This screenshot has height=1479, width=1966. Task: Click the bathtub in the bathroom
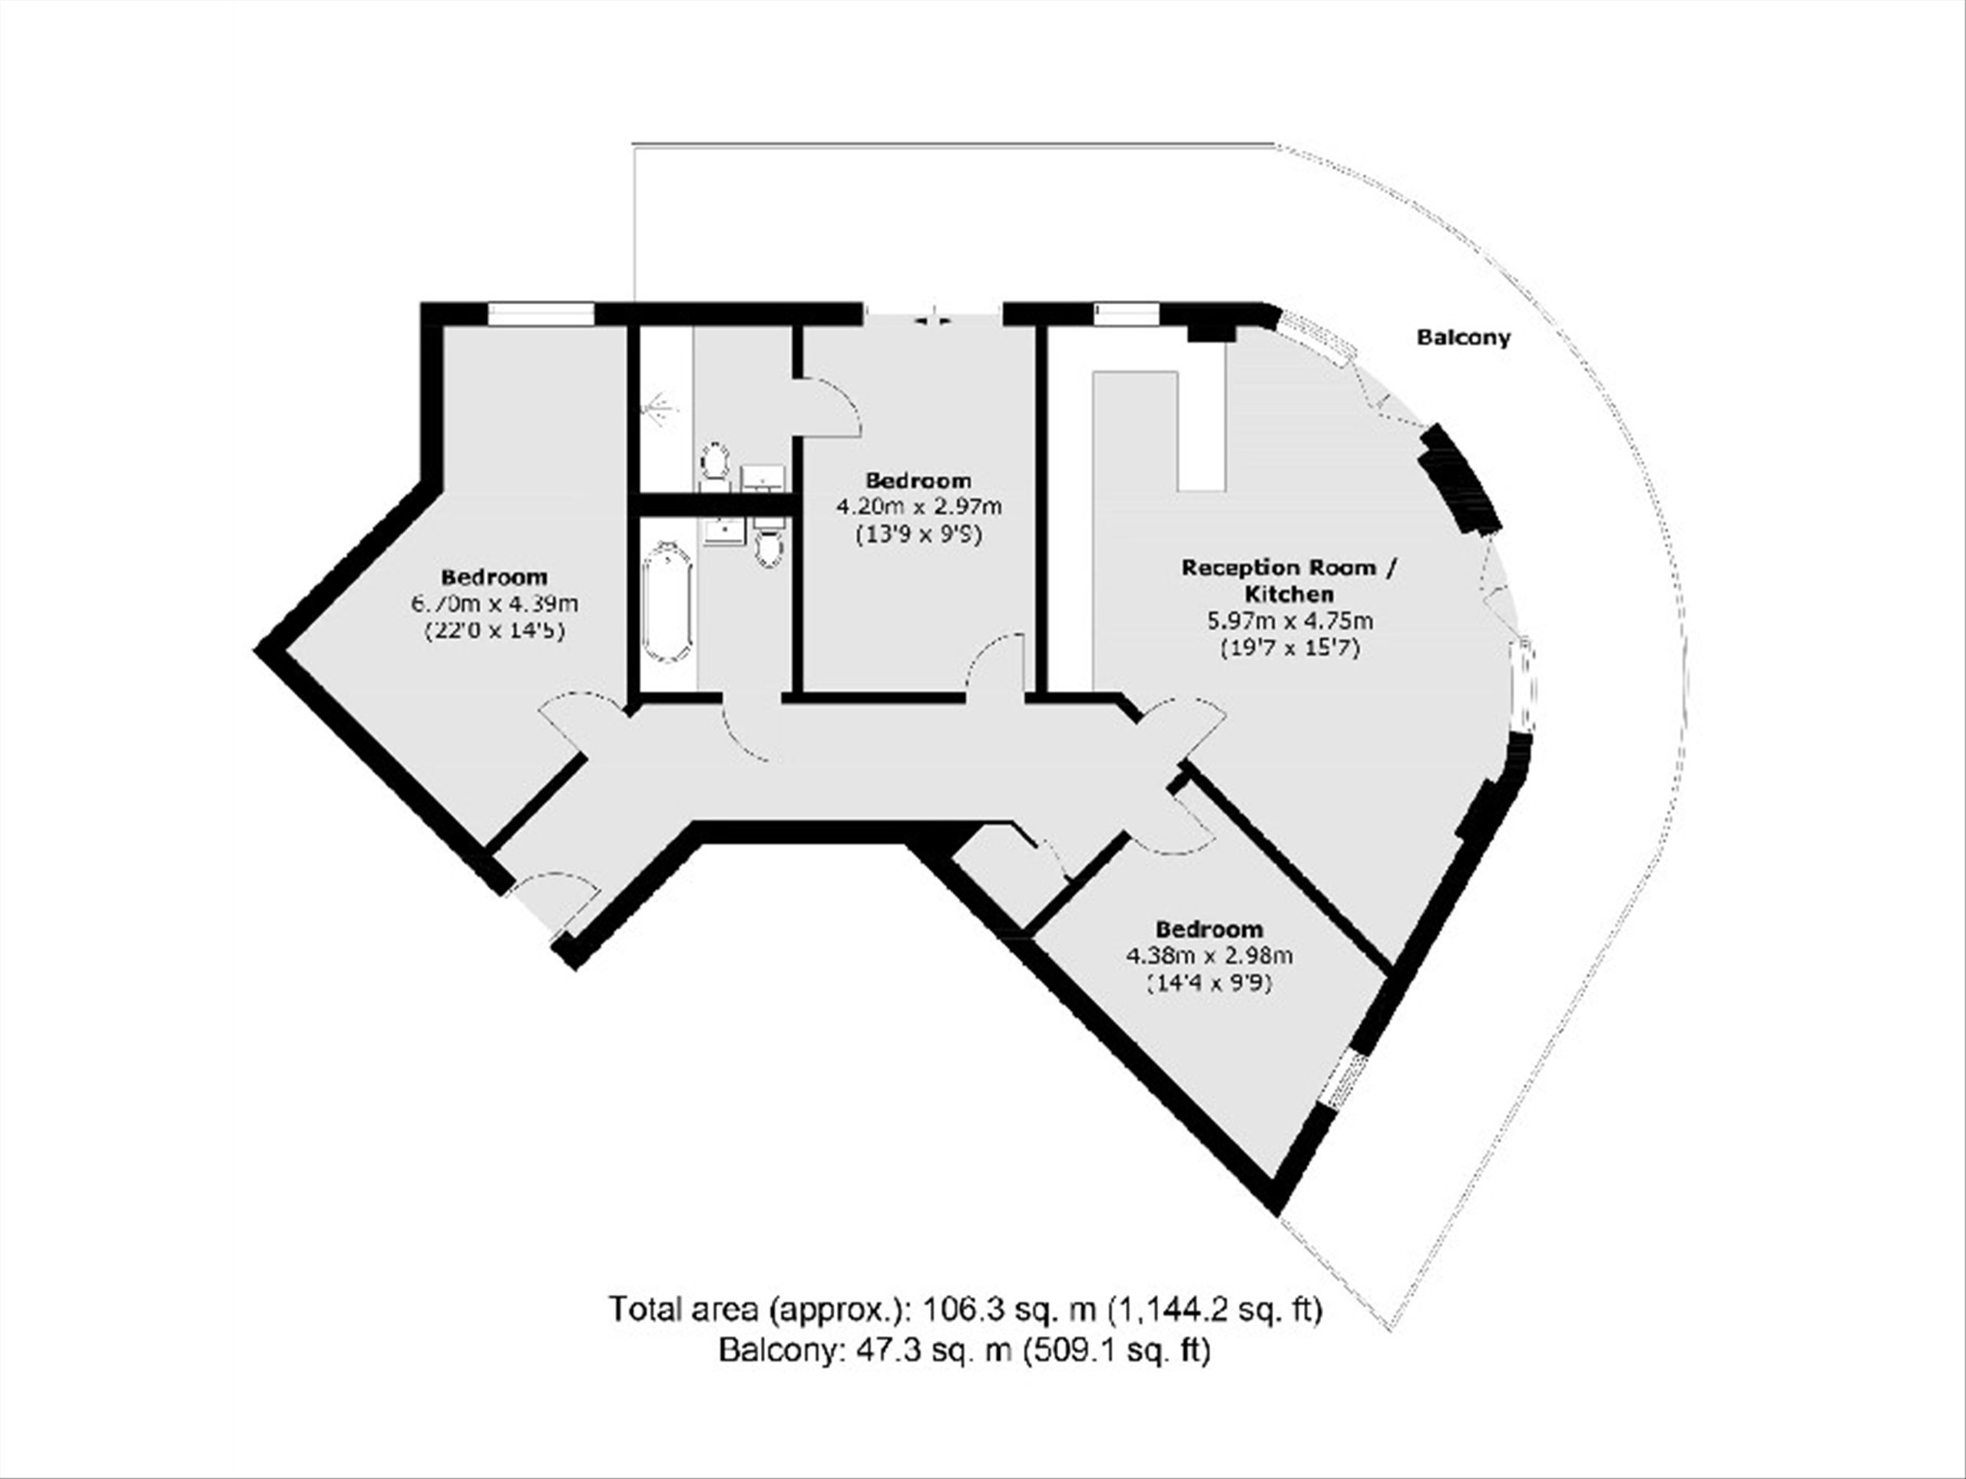click(666, 604)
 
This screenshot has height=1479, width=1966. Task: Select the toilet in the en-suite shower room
click(713, 464)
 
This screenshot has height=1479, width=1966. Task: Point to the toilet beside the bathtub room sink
click(769, 543)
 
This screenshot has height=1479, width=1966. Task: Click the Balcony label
click(1463, 338)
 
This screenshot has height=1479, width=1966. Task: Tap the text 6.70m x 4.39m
click(494, 604)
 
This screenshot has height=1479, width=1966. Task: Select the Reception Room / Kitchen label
click(1289, 580)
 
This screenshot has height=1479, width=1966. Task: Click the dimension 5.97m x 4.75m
click(1289, 621)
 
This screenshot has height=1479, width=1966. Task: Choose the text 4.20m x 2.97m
click(919, 508)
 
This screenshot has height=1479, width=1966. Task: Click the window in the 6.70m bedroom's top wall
click(541, 314)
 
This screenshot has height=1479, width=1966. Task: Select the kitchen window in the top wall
click(1127, 314)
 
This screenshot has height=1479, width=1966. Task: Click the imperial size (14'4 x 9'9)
click(1209, 984)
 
